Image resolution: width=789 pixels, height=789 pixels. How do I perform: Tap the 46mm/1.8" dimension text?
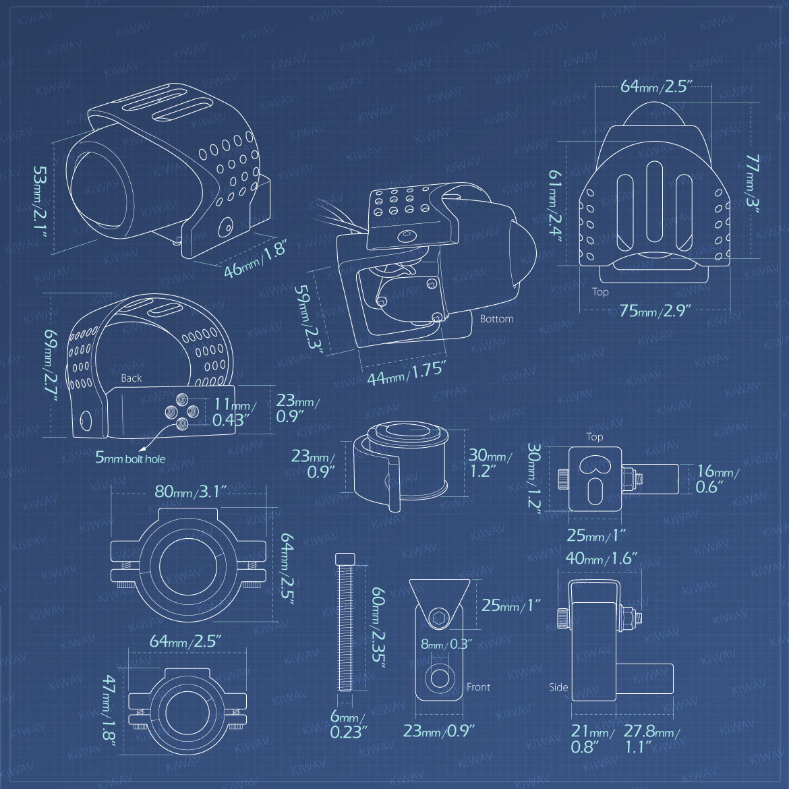(x=256, y=259)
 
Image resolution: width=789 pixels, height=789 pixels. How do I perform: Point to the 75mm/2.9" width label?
(x=655, y=310)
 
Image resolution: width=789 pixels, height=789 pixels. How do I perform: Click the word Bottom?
(x=496, y=318)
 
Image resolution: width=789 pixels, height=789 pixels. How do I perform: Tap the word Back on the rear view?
(x=131, y=378)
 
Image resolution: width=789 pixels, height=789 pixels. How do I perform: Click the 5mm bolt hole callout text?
(x=130, y=458)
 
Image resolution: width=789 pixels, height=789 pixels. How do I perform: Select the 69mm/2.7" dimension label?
(x=51, y=366)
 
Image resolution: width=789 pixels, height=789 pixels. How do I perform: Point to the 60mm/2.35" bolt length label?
(x=378, y=628)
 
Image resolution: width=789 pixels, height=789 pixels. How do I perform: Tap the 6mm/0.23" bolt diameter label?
(x=348, y=724)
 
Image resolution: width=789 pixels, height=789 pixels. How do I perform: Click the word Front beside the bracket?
(x=478, y=687)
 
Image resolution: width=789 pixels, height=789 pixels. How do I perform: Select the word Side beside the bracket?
(x=558, y=687)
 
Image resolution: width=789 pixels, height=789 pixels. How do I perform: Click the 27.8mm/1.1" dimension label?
(x=651, y=738)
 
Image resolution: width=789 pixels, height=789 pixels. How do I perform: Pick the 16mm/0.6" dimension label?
(x=718, y=479)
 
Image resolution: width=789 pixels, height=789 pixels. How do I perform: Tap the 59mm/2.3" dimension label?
(x=308, y=319)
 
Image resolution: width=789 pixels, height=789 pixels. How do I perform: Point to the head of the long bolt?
(x=345, y=558)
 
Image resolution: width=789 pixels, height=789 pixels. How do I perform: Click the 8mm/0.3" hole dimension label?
(x=446, y=644)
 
